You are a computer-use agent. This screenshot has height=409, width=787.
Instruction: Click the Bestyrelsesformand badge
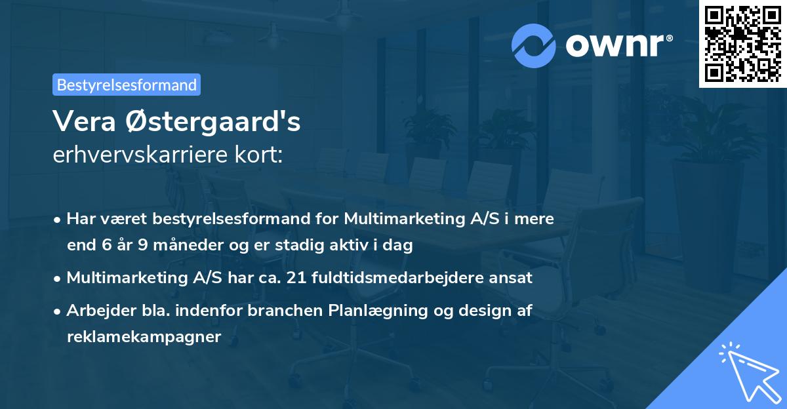127,85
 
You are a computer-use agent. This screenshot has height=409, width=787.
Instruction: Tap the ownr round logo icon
534,46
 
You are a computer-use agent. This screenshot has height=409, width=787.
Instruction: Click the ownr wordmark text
618,45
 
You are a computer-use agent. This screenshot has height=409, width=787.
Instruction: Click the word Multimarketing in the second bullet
125,278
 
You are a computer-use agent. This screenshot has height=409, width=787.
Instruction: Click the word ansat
515,278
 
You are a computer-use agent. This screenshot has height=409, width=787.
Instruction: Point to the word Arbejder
96,311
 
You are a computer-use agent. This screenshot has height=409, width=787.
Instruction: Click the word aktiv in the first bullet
365,246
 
